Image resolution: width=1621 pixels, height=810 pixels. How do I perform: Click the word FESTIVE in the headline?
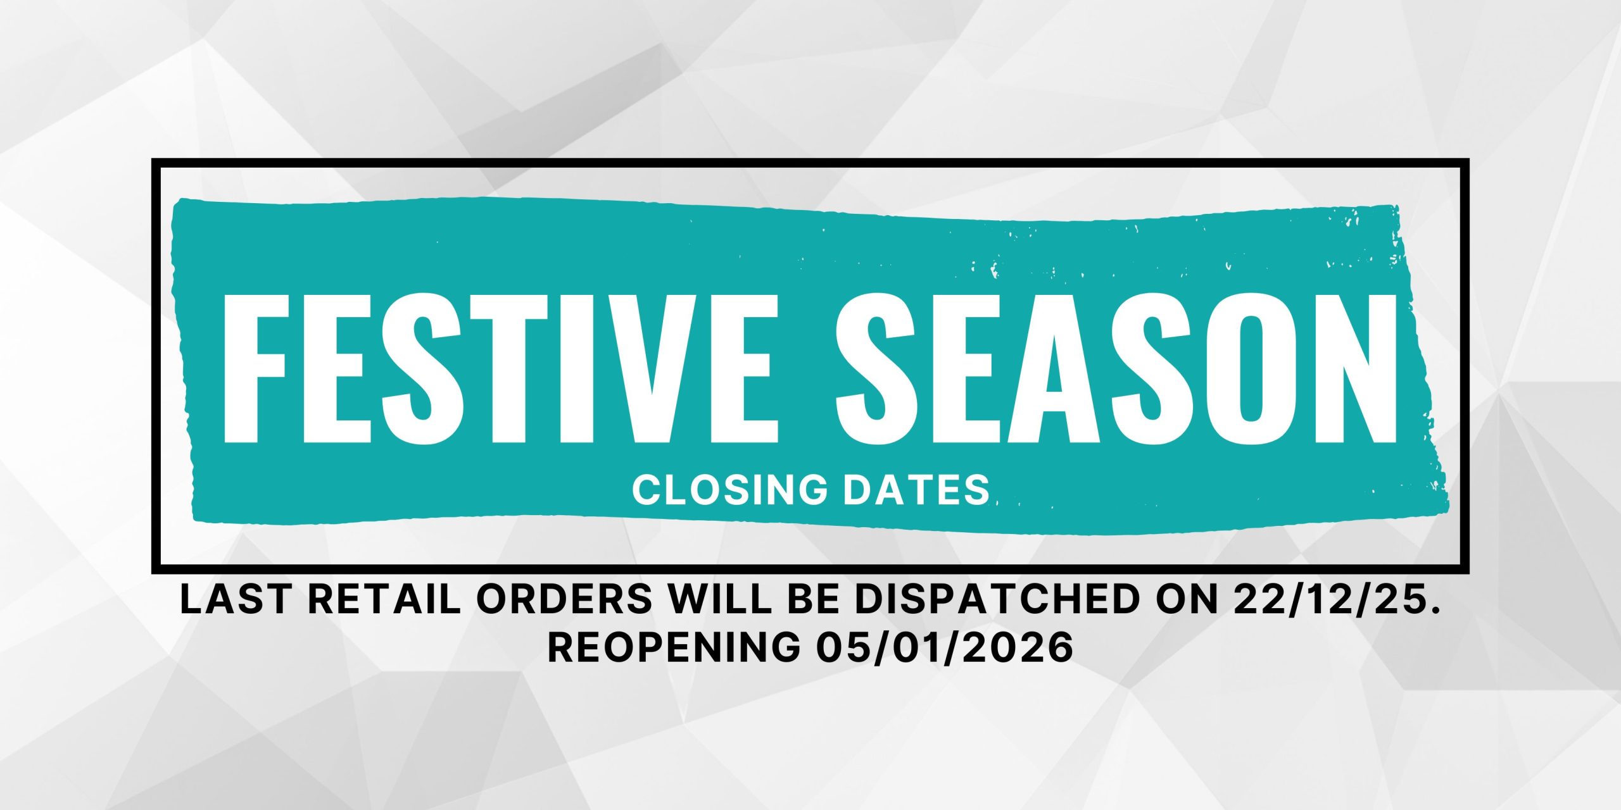[500, 368]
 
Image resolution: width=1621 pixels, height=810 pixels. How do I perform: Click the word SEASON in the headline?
[1116, 368]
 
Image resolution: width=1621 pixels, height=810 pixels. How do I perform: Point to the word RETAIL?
[383, 599]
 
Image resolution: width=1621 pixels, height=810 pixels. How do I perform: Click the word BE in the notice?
[816, 599]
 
